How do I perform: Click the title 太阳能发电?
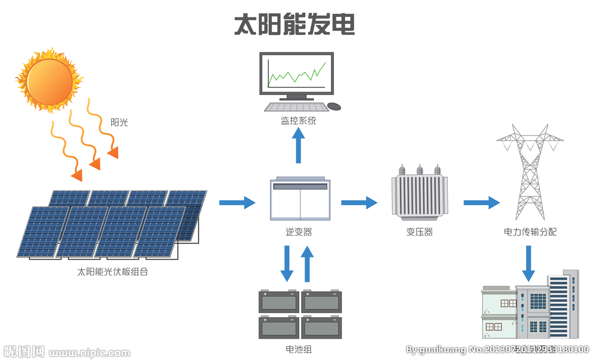point(295,24)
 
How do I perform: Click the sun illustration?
point(49,80)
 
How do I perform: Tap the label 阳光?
point(119,122)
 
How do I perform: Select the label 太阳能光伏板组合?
point(113,271)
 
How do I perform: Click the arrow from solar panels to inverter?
point(237,202)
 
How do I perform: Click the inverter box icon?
point(300,200)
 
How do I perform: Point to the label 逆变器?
point(299,232)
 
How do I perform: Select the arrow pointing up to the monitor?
point(299,146)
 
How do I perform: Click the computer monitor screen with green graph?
point(296,74)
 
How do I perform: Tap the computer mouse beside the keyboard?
point(334,106)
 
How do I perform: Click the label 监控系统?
point(299,121)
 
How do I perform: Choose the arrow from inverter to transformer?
point(359,202)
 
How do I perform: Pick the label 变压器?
point(419,232)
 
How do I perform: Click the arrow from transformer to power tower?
point(481,202)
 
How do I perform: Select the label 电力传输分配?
point(530,232)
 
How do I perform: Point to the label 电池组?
point(299,349)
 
